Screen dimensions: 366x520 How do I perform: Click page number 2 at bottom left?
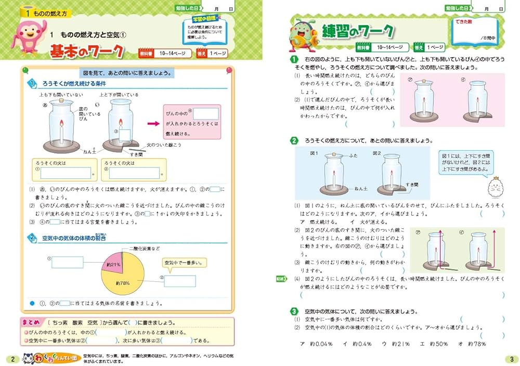click(11, 359)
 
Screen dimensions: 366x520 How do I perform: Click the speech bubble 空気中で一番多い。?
click(185, 263)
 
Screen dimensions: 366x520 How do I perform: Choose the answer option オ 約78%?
click(472, 344)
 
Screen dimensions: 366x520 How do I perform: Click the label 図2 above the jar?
click(379, 154)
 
